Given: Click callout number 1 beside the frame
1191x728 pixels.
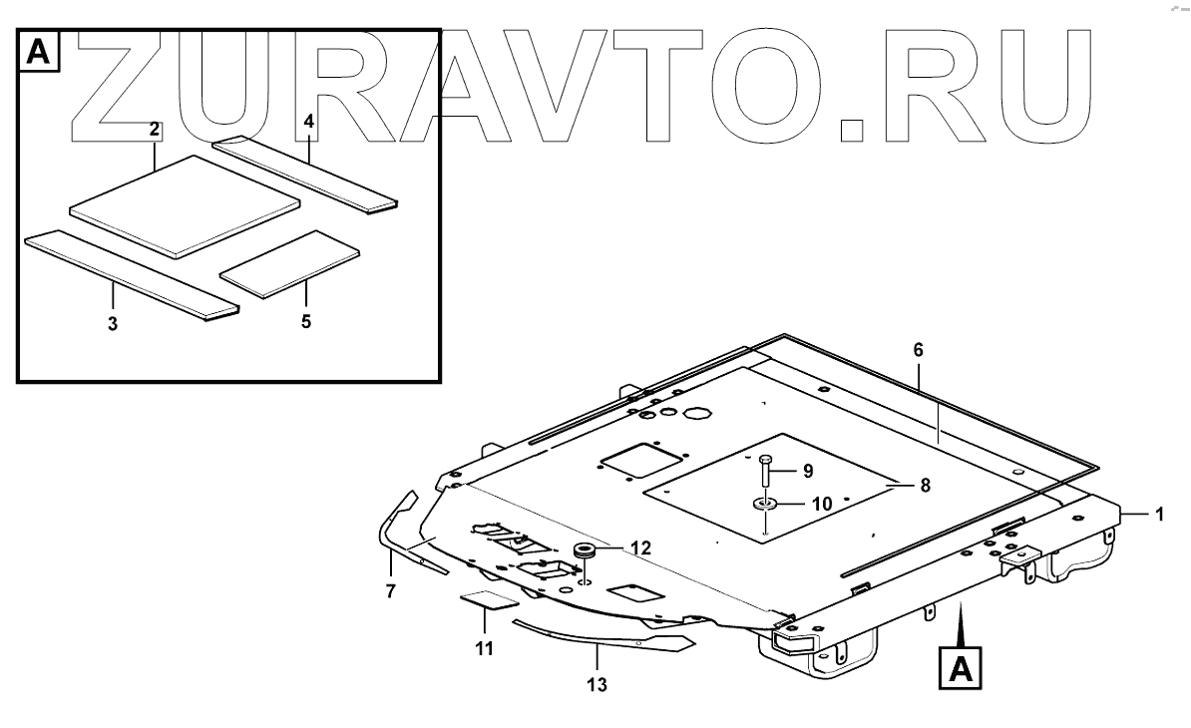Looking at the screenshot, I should point(1159,515).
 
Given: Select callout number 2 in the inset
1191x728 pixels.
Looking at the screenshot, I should point(155,129).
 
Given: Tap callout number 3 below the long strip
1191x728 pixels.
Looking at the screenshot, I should point(113,324).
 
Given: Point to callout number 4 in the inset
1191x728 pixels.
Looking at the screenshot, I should point(309,122).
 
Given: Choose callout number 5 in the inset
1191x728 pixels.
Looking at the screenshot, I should point(306,321).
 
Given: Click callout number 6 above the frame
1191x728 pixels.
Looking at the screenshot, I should point(919,350).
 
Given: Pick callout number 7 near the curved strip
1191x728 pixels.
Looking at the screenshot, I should point(391,591).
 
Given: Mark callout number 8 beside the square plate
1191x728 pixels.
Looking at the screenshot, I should point(924,486).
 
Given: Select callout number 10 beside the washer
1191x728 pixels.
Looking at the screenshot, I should point(821,505).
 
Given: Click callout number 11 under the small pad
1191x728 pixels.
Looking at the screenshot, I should point(485,648).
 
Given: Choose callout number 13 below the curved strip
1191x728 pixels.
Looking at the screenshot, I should point(596,685).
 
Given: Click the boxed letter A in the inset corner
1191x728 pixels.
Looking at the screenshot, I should point(39,52).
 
